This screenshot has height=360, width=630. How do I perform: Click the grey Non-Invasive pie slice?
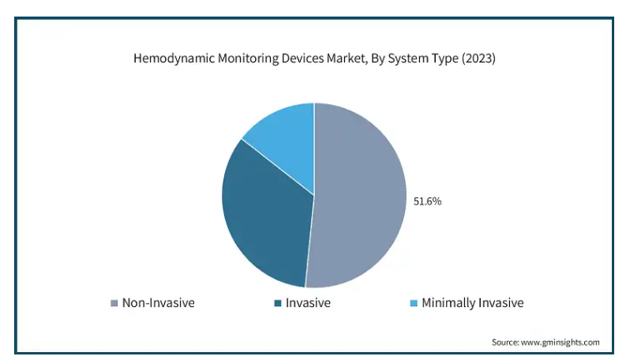(358, 197)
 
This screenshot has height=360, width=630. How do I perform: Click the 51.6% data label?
(427, 201)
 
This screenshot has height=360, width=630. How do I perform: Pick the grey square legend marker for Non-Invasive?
(114, 303)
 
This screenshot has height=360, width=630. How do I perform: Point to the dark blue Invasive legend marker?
(278, 303)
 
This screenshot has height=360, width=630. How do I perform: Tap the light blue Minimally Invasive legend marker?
(414, 303)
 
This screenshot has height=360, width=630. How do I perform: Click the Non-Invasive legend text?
(159, 302)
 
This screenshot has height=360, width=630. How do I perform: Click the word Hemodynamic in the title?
(174, 58)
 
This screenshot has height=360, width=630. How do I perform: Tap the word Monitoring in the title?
(248, 58)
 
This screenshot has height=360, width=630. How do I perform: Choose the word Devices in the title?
(302, 58)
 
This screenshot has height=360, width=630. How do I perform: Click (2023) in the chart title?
(478, 58)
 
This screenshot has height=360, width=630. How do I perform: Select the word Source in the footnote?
(505, 343)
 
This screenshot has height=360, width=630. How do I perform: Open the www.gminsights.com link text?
(560, 343)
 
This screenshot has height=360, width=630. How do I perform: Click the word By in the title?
(377, 59)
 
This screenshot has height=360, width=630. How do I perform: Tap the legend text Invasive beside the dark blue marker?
(308, 302)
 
